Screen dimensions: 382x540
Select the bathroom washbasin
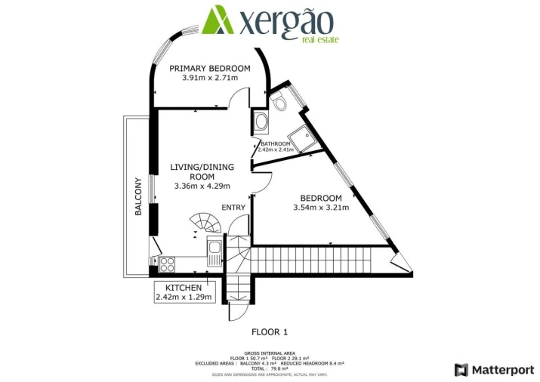(x=261, y=122)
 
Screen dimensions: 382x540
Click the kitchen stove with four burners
(x=167, y=264)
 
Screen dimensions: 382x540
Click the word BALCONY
(x=138, y=197)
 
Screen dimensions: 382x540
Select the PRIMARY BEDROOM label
(x=209, y=68)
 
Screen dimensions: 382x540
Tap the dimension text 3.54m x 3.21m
(x=320, y=208)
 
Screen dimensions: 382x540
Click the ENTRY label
(x=233, y=207)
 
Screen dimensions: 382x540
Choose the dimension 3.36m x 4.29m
(x=202, y=186)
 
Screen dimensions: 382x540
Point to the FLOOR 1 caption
(x=270, y=331)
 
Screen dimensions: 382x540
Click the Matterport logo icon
(x=461, y=369)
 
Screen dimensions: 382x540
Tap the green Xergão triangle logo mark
(x=220, y=20)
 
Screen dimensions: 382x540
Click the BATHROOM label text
(x=275, y=143)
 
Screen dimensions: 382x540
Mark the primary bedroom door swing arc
(x=240, y=97)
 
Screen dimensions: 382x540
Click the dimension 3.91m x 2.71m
(x=209, y=78)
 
